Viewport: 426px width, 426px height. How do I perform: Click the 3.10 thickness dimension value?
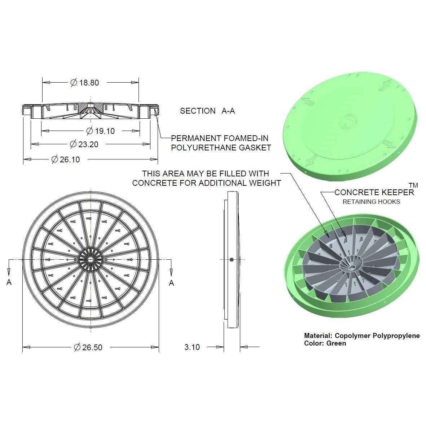192,347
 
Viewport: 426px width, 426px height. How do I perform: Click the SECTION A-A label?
207,111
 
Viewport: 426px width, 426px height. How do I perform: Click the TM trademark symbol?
413,185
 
